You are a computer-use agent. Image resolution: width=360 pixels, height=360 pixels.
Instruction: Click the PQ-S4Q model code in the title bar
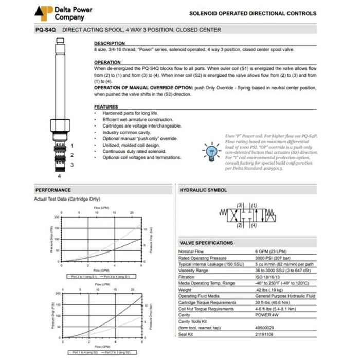coord(45,30)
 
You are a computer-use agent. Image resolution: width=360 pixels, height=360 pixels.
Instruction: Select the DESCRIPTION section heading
coord(109,43)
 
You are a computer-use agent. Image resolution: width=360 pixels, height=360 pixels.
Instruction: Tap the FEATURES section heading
coord(106,106)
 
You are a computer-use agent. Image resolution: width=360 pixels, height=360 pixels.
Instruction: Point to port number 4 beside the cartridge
coord(60,175)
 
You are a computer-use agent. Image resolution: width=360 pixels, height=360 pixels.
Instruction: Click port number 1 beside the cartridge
coord(72,146)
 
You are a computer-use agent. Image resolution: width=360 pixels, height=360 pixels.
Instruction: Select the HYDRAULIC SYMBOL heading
coord(203,190)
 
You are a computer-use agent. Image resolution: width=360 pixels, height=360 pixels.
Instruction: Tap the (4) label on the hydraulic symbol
coord(255,225)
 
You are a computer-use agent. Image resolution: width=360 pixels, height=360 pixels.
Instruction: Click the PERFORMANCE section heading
coord(53,190)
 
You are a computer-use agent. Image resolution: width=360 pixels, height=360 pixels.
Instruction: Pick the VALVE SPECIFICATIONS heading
coord(206,243)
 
